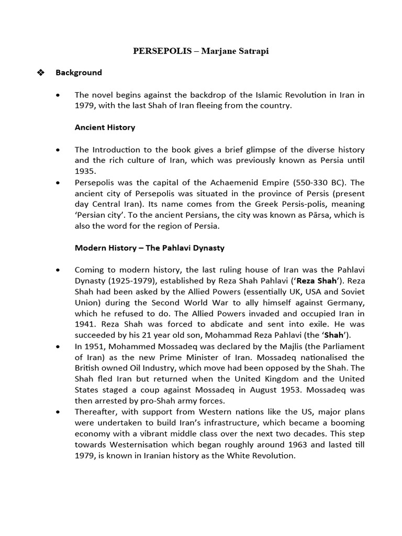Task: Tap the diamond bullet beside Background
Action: [42, 73]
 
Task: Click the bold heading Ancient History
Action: [105, 127]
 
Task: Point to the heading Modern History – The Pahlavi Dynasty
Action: [150, 248]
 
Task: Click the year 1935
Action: [84, 171]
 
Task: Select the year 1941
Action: [84, 323]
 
